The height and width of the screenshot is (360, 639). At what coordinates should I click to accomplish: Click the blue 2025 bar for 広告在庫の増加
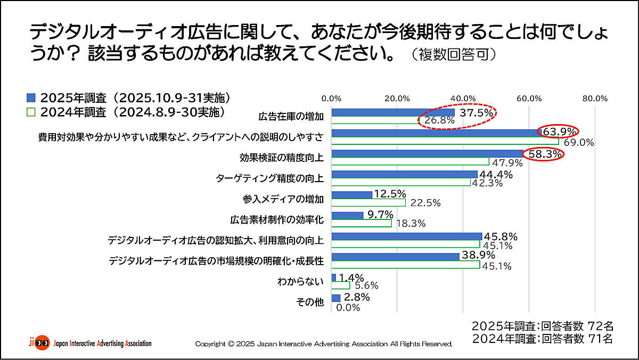393,113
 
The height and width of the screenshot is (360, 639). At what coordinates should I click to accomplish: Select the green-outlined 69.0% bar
445,141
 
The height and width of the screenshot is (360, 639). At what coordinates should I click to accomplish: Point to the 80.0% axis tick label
594,98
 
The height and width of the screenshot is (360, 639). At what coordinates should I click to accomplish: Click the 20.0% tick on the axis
397,98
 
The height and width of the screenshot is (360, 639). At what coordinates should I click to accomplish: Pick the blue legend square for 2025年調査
31,98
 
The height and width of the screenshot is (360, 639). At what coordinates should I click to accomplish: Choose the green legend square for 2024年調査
31,112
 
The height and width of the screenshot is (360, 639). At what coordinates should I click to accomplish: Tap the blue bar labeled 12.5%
351,195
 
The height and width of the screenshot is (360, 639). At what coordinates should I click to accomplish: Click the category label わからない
300,281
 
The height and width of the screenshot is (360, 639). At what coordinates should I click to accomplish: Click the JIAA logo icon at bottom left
38,342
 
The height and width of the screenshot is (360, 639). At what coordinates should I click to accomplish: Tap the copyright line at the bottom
323,344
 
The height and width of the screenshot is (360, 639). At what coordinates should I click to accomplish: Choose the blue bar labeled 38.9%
395,257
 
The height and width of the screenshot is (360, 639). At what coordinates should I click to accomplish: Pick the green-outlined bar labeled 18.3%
361,223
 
